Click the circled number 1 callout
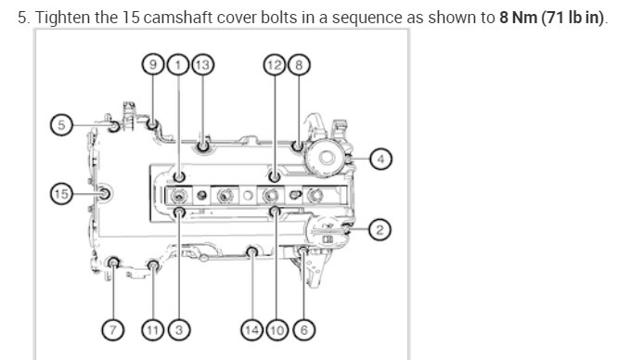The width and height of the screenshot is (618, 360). pyautogui.click(x=178, y=64)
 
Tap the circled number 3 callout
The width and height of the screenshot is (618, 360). pyautogui.click(x=179, y=328)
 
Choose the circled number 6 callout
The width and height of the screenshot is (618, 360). pyautogui.click(x=301, y=328)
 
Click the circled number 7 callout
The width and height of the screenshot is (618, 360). pyautogui.click(x=113, y=328)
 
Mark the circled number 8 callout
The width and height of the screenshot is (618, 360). pyautogui.click(x=297, y=64)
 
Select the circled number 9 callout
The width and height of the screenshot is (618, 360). pyautogui.click(x=154, y=64)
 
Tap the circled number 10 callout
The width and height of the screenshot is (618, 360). pyautogui.click(x=277, y=328)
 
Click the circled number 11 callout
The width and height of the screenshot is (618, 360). pyautogui.click(x=154, y=328)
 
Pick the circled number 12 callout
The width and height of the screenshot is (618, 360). pyautogui.click(x=274, y=64)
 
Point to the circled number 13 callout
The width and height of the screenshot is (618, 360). pyautogui.click(x=202, y=64)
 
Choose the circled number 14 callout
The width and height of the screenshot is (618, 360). pyautogui.click(x=251, y=328)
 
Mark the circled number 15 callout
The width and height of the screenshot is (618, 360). pyautogui.click(x=60, y=194)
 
